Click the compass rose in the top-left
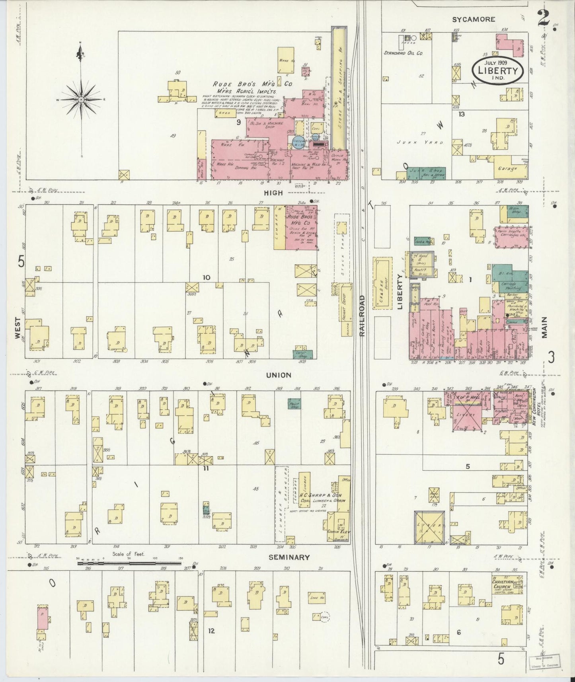pos(81,99)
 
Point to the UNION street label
pos(279,375)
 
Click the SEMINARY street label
pos(289,557)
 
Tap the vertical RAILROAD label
pos(362,316)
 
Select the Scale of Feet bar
pos(129,563)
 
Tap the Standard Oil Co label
pos(403,53)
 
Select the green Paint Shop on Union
pos(294,403)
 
